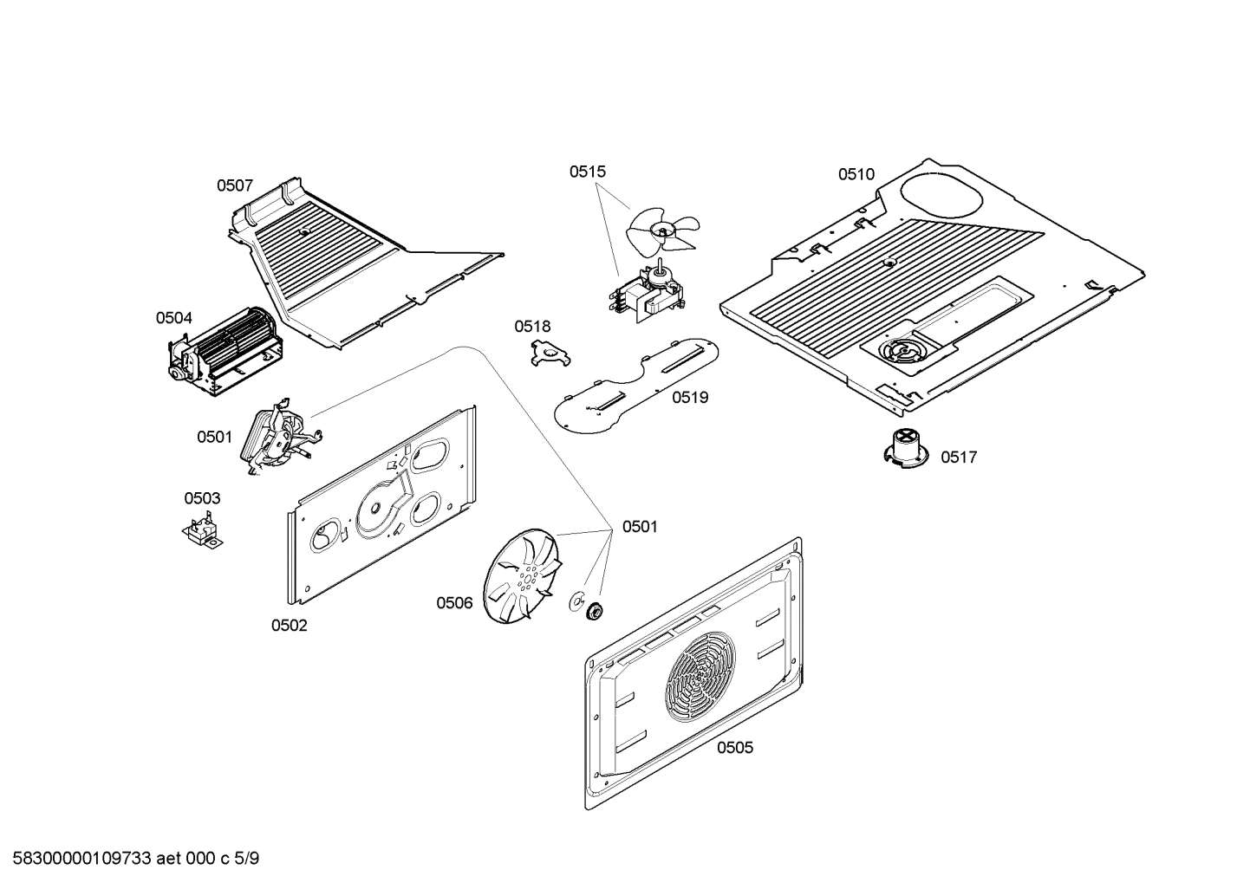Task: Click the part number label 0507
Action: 234,185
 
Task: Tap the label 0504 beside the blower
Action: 174,318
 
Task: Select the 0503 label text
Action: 202,498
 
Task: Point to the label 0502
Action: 289,626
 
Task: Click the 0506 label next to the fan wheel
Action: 454,603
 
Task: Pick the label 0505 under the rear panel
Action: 734,748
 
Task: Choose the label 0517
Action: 959,458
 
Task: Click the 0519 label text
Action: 690,398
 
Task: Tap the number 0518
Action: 532,327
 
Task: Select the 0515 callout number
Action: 588,172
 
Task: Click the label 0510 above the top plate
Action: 856,174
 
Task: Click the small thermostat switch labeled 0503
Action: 203,530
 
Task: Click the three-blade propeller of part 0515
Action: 663,229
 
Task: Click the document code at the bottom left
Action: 131,859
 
